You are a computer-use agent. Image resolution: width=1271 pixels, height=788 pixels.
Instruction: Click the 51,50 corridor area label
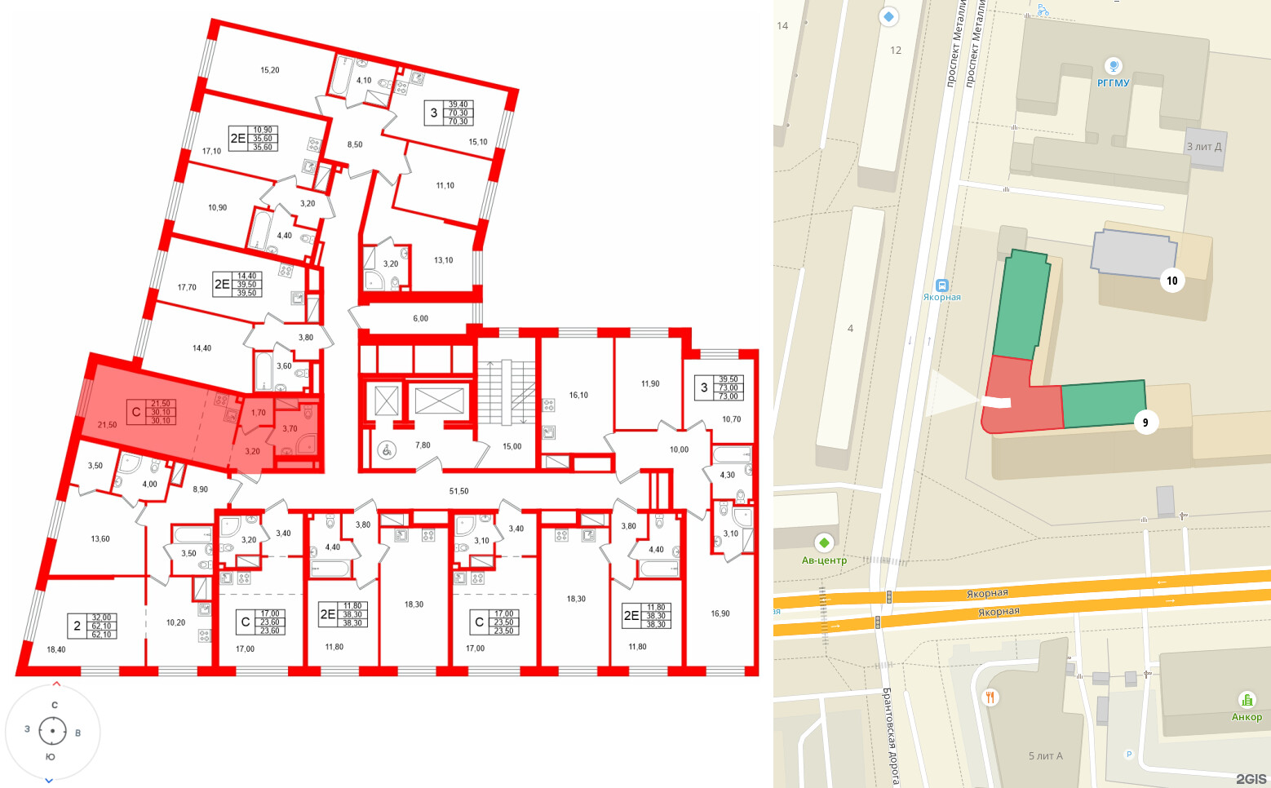point(458,491)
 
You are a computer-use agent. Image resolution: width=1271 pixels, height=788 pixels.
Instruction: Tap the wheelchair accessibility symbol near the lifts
point(387,449)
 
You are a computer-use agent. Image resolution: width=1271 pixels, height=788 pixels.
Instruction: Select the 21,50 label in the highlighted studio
point(107,425)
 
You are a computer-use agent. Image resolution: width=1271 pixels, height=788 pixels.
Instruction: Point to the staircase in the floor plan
point(504,392)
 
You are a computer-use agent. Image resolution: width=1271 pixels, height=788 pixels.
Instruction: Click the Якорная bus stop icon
point(942,286)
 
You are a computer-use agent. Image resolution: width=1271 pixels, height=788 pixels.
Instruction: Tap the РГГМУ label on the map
point(1113,83)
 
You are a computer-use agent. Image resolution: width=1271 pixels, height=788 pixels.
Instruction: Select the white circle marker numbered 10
point(1171,281)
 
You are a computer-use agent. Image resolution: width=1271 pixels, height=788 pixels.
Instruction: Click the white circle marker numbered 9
point(1145,422)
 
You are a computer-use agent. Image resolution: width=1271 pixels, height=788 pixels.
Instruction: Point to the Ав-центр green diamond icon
point(824,542)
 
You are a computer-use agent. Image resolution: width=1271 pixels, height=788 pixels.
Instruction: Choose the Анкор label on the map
point(1247,717)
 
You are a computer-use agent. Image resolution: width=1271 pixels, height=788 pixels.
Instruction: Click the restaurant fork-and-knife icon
point(990,697)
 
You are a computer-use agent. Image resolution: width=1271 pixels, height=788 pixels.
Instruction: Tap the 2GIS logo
point(1251,779)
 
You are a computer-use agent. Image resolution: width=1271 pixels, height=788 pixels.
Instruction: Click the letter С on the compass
point(55,705)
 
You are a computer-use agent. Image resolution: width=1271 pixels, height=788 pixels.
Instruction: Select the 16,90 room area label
point(720,613)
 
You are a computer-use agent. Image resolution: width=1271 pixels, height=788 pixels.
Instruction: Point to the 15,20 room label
point(269,70)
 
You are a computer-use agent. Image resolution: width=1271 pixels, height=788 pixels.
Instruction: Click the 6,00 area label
point(420,318)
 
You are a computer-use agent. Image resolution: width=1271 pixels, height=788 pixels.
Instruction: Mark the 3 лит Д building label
point(1203,147)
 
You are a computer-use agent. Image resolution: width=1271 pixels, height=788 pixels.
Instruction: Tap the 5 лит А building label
point(1045,756)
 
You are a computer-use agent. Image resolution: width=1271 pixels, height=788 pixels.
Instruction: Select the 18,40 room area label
point(55,649)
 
